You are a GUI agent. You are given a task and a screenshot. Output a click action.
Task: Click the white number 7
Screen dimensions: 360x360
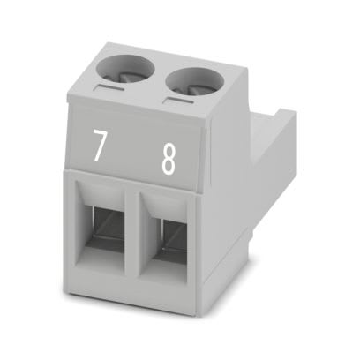pyautogui.click(x=99, y=146)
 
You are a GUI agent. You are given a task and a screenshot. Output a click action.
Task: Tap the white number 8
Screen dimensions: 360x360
pyautogui.click(x=169, y=159)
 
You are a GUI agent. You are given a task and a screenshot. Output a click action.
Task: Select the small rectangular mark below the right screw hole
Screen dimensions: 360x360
pyautogui.click(x=179, y=101)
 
